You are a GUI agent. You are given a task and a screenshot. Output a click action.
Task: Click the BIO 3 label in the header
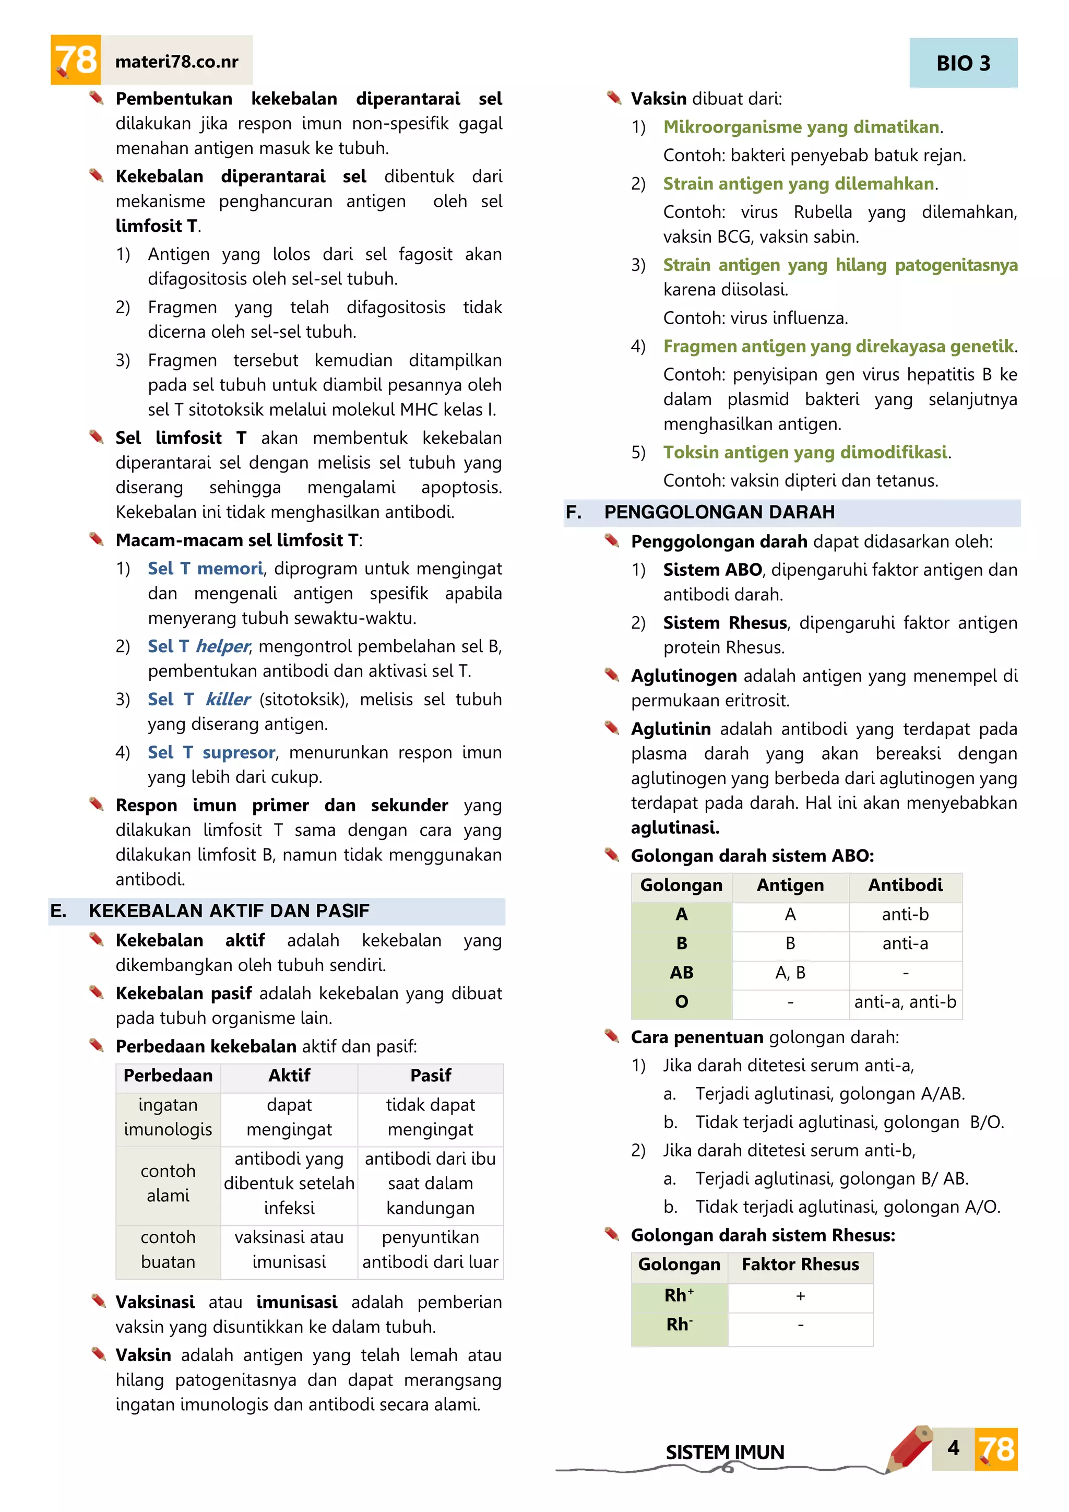click(x=963, y=63)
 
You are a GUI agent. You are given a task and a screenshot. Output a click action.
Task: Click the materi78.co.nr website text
click(x=176, y=62)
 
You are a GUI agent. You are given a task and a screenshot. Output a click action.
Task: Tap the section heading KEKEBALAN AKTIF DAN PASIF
click(x=229, y=911)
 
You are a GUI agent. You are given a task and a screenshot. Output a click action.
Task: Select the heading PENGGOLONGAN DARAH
click(x=719, y=512)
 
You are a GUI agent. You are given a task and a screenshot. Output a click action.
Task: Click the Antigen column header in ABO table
click(x=790, y=885)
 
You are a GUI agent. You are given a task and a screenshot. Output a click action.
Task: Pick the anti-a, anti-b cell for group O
click(x=905, y=1001)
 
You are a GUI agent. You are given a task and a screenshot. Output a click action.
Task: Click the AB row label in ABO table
click(x=681, y=973)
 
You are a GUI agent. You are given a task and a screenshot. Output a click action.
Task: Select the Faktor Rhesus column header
click(x=800, y=1265)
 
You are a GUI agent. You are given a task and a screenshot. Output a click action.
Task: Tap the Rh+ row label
click(x=679, y=1295)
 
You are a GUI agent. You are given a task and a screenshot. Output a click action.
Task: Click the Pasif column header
click(x=431, y=1076)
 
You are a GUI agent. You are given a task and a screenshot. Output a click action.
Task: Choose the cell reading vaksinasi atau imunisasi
click(x=289, y=1249)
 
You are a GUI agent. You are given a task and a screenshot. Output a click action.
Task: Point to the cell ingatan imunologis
click(x=168, y=1117)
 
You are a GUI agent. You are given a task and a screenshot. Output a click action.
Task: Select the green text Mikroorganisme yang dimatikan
click(x=801, y=127)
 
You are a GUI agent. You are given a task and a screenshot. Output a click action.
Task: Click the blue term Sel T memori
click(x=205, y=569)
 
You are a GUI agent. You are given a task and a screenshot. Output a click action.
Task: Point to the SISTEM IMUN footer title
click(x=724, y=1452)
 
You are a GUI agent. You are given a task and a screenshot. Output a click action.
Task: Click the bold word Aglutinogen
click(x=683, y=676)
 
